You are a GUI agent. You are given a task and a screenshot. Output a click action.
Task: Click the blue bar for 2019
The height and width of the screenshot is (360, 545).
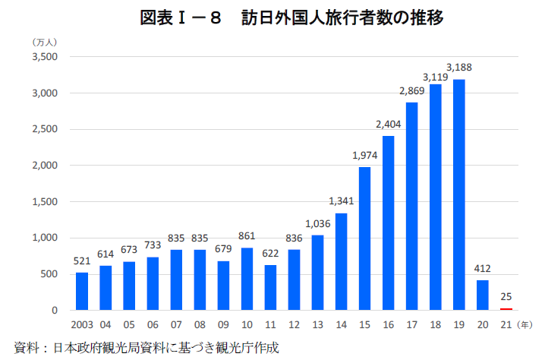click(x=458, y=194)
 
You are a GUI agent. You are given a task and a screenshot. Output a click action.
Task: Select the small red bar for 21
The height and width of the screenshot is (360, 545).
click(x=506, y=309)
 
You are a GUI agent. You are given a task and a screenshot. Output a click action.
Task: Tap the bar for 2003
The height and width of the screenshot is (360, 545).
click(x=82, y=291)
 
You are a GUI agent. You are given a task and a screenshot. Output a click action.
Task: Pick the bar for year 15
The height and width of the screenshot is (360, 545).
click(x=364, y=238)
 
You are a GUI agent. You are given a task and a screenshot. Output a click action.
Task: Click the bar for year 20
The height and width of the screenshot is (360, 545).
click(x=482, y=295)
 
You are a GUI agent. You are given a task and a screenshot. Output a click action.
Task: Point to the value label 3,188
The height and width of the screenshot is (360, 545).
click(x=458, y=68)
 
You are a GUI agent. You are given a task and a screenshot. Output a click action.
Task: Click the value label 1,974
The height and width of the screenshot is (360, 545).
click(x=364, y=156)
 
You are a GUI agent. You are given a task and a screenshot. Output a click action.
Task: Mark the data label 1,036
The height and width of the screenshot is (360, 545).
click(x=317, y=225)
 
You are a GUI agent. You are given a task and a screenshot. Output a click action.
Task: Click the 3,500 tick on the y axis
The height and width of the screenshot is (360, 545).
click(x=46, y=57)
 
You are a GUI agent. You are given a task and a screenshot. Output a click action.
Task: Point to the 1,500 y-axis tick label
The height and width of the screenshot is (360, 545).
click(x=46, y=202)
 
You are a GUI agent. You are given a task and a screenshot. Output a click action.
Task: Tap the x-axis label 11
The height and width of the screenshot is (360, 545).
click(x=270, y=324)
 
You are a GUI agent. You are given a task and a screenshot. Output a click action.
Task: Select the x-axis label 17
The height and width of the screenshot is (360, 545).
click(x=411, y=324)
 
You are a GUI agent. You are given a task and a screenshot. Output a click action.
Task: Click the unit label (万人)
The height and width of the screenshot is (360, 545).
click(x=46, y=42)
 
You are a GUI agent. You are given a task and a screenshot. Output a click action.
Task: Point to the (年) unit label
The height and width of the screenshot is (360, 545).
click(x=524, y=324)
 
